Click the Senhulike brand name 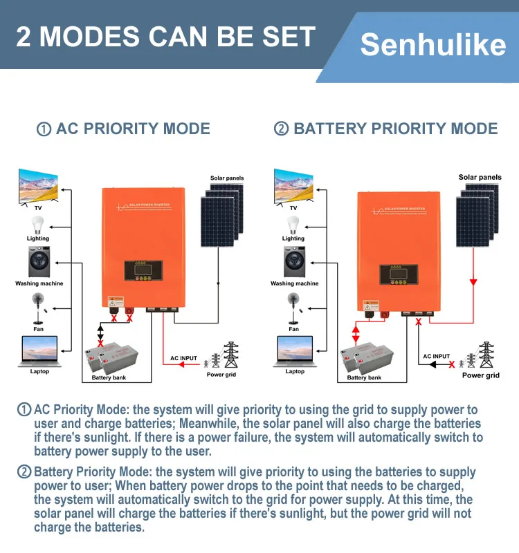point(432,46)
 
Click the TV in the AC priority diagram point(38,185)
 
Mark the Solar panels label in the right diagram point(480,178)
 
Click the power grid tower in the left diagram point(230,355)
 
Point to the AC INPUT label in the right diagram point(437,357)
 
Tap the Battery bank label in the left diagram point(110,378)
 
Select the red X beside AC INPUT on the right point(452,364)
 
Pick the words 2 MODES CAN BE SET point(165,36)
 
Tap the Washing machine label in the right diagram point(294,283)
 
